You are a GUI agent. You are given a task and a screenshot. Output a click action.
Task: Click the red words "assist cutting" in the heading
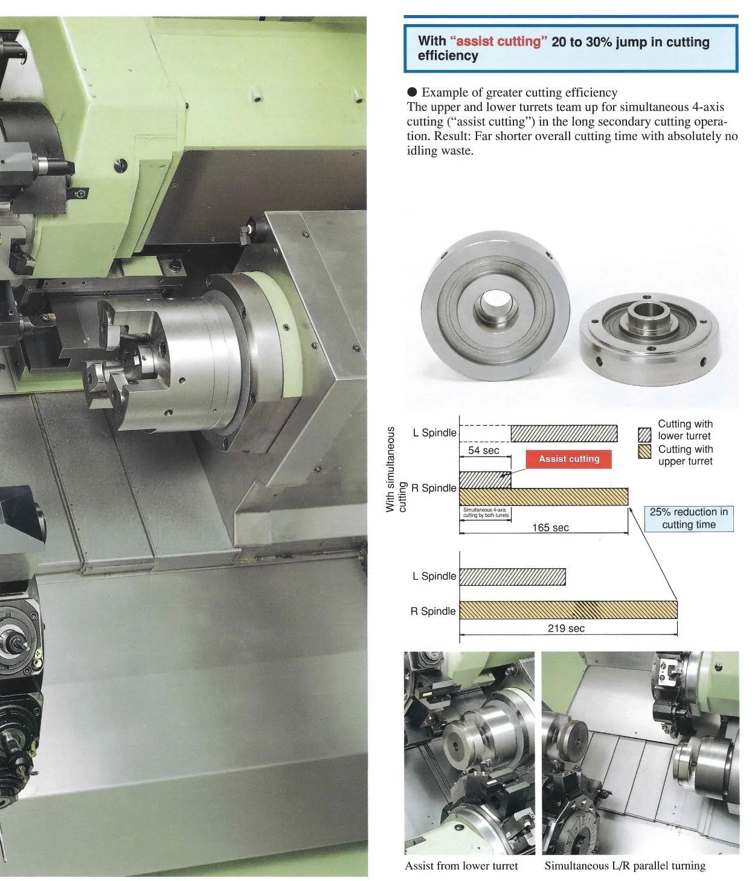click(x=498, y=42)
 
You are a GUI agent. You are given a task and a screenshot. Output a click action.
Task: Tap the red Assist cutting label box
click(x=568, y=459)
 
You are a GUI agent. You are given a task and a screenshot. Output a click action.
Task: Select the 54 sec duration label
click(x=483, y=450)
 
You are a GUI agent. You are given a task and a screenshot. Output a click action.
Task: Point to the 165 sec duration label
click(x=550, y=528)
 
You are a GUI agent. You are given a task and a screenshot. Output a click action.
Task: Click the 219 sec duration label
click(x=566, y=629)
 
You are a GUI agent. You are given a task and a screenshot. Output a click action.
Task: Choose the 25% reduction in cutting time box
click(x=689, y=519)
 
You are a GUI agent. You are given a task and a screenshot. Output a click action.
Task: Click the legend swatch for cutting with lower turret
click(x=644, y=435)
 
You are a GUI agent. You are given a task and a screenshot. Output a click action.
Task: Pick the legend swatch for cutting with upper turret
click(x=644, y=452)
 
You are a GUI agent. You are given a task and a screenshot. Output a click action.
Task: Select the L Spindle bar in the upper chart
click(x=564, y=434)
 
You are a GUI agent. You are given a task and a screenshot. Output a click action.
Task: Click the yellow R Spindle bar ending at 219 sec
click(x=568, y=610)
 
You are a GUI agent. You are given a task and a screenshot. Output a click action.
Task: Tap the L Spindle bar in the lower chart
click(x=512, y=577)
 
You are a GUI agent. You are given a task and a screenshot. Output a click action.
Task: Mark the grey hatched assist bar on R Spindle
click(x=484, y=480)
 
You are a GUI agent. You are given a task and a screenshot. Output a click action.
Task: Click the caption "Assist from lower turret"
click(x=461, y=866)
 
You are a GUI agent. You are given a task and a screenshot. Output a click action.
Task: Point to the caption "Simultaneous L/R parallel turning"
click(x=625, y=866)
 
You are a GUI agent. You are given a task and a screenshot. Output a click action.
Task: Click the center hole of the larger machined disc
click(x=494, y=301)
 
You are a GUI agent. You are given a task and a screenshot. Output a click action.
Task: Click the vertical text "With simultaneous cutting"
click(x=396, y=470)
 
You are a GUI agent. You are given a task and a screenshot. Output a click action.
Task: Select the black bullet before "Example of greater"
click(x=412, y=92)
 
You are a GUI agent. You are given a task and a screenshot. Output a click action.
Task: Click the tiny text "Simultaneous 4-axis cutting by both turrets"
click(x=486, y=513)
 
